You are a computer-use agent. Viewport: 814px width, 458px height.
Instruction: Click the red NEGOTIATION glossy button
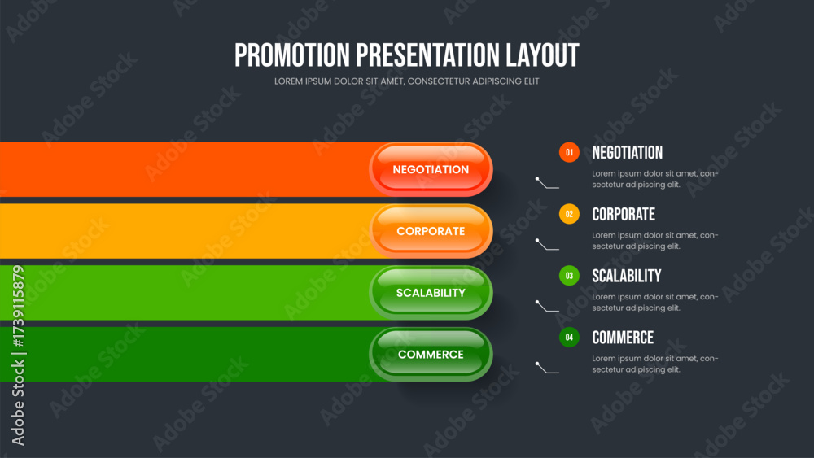coord(431,169)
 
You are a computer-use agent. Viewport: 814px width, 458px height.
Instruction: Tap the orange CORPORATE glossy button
coord(431,231)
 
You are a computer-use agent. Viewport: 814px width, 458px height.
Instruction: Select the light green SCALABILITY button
coord(431,293)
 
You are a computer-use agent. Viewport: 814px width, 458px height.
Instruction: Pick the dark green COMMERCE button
coord(431,354)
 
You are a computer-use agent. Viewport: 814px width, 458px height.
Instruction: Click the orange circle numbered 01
coord(569,152)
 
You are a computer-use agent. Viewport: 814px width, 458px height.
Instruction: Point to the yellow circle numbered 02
coord(569,214)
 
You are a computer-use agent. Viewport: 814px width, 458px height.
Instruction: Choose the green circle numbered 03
coord(569,276)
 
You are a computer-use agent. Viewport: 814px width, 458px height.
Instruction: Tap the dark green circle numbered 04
coord(569,338)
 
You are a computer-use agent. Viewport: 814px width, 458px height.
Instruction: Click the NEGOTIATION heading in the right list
coord(627,152)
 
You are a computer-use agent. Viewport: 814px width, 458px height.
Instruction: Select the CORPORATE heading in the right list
coord(624,214)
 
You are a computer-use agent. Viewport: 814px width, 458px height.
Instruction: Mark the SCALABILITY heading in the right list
coord(627,276)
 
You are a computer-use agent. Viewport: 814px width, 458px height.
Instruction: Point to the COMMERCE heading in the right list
coord(623,338)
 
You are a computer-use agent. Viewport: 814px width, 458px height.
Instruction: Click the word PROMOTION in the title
coord(292,55)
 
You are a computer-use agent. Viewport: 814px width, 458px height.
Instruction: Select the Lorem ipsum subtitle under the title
coord(406,81)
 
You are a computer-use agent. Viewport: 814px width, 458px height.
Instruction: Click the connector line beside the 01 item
coord(547,183)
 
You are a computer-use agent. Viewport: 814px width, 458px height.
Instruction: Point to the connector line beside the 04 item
coord(547,369)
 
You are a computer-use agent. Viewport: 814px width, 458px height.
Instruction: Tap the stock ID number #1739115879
coord(18,307)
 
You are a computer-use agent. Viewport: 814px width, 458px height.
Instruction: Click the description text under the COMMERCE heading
coord(655,364)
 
